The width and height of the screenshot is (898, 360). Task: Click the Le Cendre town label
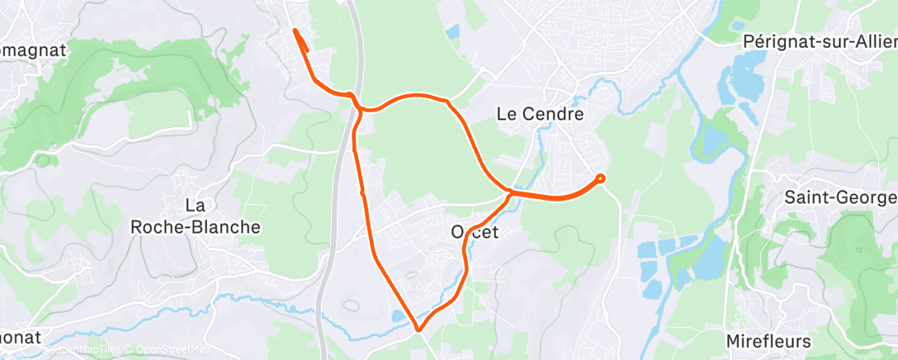[x=541, y=114]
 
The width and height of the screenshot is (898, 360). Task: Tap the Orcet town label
[x=474, y=233]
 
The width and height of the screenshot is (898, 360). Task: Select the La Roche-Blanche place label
[x=196, y=216]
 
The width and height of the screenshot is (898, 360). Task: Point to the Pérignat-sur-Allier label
[x=819, y=40]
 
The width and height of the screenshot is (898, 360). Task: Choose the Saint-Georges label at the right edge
[x=840, y=198]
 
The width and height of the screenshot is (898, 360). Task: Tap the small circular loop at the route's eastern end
[x=600, y=178]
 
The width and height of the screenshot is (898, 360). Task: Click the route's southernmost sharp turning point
[x=418, y=330]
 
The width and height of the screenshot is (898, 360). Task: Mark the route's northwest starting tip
[x=295, y=31]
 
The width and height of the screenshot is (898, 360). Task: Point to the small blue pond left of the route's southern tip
[x=399, y=316]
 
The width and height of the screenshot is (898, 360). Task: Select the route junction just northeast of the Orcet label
[x=510, y=193]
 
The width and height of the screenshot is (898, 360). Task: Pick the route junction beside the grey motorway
[x=357, y=106]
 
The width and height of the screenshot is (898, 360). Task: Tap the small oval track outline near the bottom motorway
[x=350, y=306]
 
